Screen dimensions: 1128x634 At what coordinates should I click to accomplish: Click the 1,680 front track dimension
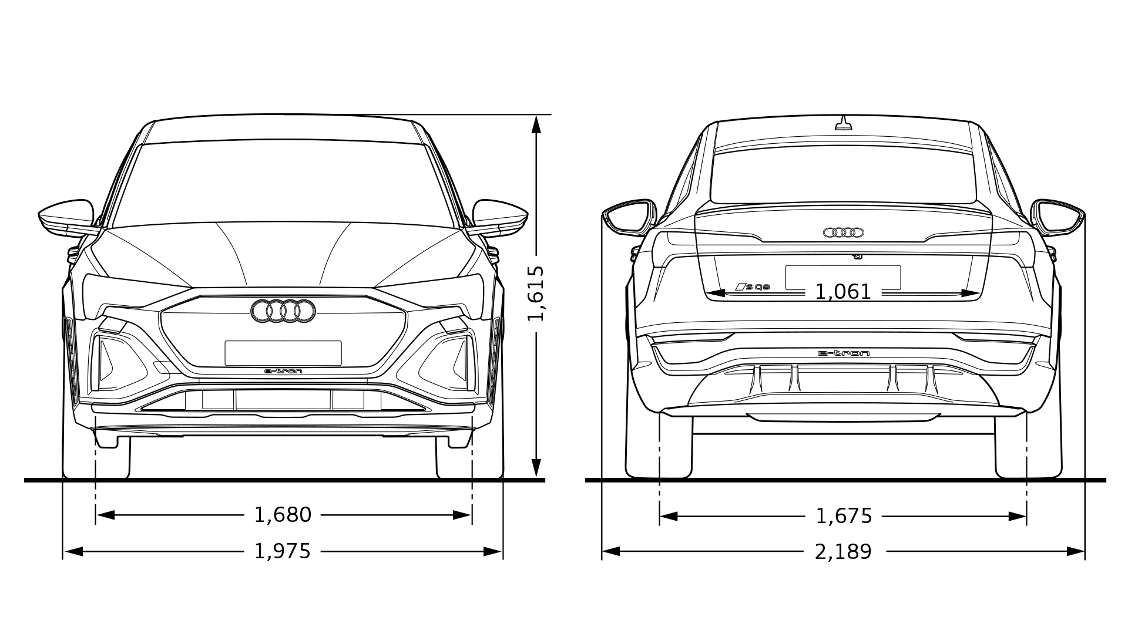point(283,515)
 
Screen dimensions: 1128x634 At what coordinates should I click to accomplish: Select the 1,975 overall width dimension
point(283,551)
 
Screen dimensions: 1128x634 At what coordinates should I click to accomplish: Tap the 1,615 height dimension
point(536,294)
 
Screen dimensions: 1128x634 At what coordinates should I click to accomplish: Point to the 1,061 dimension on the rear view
point(843,292)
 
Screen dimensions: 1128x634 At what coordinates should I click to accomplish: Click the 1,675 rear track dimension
point(844,516)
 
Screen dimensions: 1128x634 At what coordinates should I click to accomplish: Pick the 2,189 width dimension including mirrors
point(844,552)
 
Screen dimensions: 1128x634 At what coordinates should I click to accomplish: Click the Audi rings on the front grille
point(283,311)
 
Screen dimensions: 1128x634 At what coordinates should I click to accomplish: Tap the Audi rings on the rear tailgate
point(844,232)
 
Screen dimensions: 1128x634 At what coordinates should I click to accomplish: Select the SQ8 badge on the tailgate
point(753,286)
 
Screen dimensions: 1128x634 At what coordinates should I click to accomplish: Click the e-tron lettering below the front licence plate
point(283,371)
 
